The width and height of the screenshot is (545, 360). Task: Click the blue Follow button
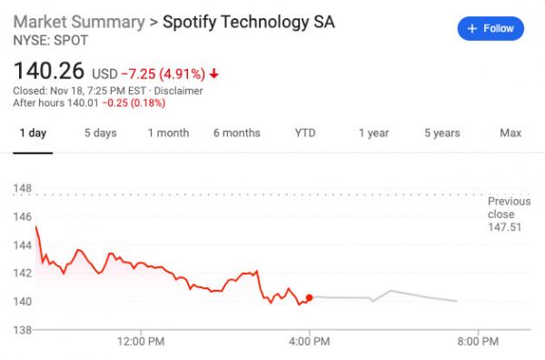[x=490, y=28]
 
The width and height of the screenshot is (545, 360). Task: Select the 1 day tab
[x=33, y=133]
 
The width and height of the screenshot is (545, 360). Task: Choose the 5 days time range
[x=100, y=133]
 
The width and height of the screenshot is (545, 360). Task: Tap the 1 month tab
[x=168, y=133]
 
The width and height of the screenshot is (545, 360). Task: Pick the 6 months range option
[x=236, y=133]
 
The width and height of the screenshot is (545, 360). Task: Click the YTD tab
[x=305, y=133]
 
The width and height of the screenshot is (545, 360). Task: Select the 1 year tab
[x=373, y=133]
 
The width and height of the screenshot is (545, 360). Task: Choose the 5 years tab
[x=441, y=133]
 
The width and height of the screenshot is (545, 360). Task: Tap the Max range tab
[x=510, y=133]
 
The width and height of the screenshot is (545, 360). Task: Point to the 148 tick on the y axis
[x=23, y=188]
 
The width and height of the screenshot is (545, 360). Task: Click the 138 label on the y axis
[x=23, y=329]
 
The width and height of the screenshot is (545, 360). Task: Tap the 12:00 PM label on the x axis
[x=143, y=342]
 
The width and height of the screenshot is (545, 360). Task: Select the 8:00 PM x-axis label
[x=478, y=342]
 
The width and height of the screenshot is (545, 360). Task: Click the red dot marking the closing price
[x=310, y=297]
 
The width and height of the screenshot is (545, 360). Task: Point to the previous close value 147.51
[x=504, y=227]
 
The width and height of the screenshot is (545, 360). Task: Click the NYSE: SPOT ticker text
[x=45, y=40]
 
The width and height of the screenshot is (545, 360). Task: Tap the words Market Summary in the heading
[x=79, y=21]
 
